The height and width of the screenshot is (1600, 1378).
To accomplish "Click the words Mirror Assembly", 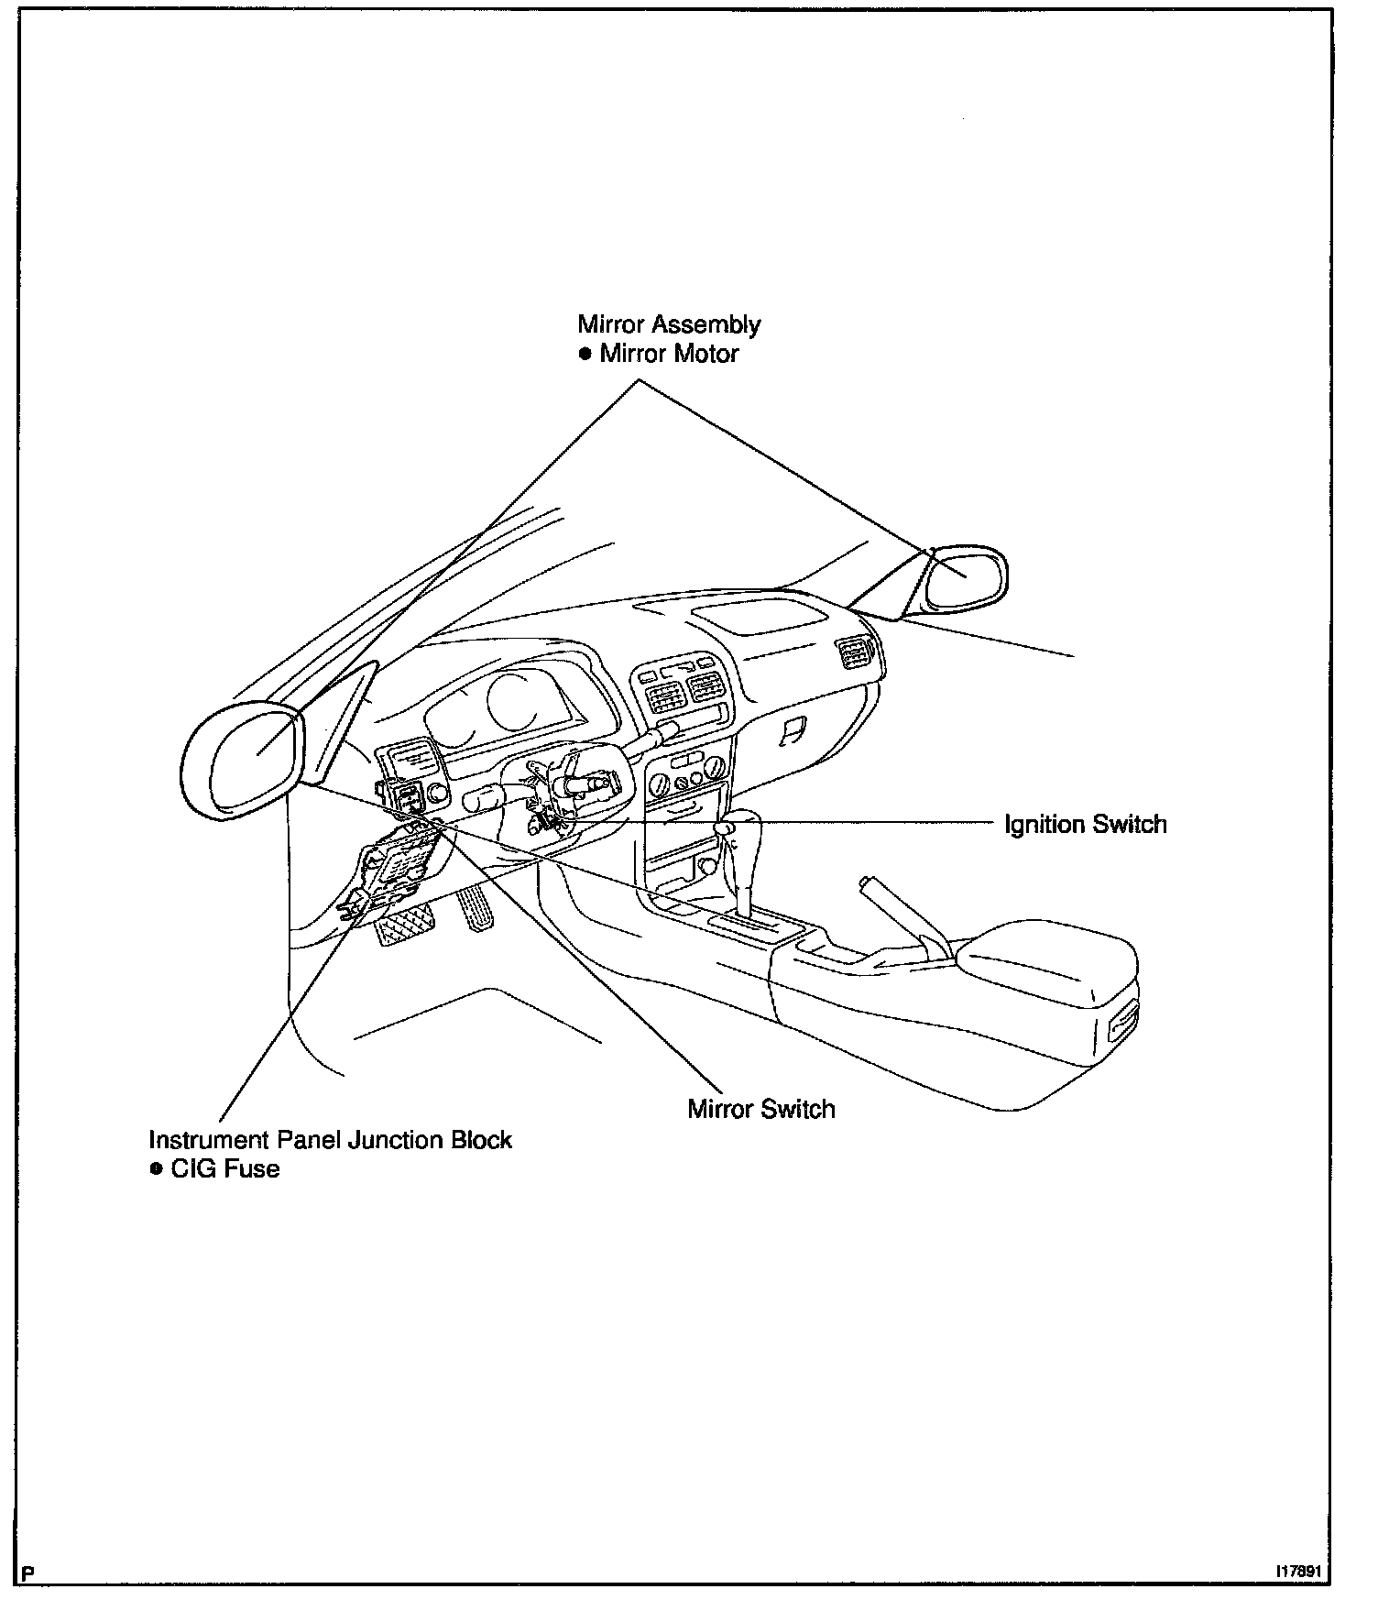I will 668,324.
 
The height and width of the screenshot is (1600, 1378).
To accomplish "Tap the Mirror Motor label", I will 668,354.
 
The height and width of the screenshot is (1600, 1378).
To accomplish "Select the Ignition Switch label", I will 1085,824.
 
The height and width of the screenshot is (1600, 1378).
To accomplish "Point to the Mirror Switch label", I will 760,1109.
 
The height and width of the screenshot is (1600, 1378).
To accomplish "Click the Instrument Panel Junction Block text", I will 330,1140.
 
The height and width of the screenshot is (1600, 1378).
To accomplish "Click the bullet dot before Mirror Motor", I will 585,355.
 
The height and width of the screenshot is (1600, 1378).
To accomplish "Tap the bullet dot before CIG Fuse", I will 156,1169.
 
